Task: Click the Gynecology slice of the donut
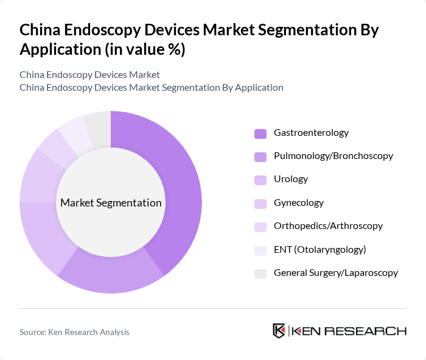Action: tap(38, 177)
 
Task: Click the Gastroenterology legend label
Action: tap(311, 133)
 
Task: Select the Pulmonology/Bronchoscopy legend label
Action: tap(333, 156)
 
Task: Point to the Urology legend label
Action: tap(291, 179)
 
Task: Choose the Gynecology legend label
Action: tap(298, 203)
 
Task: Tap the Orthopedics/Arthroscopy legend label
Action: tap(328, 226)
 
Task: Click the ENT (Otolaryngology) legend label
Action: tap(319, 250)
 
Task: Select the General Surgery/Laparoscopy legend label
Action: tap(335, 273)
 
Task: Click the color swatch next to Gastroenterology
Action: tap(260, 133)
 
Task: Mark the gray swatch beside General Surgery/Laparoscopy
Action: tap(260, 274)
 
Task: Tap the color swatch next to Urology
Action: tap(260, 180)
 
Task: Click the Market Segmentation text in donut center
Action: tap(111, 203)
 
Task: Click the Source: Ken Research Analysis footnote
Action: tap(74, 332)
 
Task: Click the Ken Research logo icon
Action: tap(279, 331)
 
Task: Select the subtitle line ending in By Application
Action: tap(151, 87)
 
